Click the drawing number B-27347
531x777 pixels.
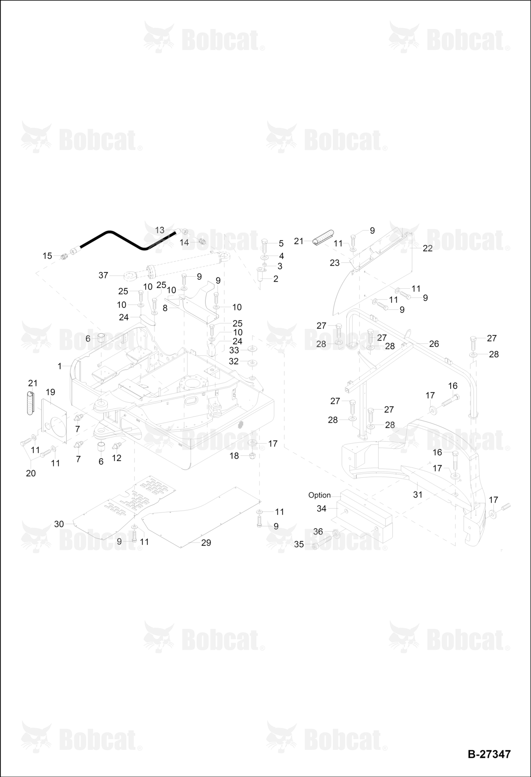coord(489,754)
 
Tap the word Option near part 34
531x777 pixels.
coord(319,495)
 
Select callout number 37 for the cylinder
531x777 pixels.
coord(103,275)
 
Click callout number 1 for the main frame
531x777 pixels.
coord(60,366)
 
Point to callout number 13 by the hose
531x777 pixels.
coord(160,230)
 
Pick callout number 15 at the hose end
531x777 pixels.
coord(47,256)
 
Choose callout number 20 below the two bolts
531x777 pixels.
coord(31,473)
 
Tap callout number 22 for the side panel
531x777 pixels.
coord(428,248)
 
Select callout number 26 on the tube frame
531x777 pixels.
coord(434,344)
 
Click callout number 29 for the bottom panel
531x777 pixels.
coord(206,543)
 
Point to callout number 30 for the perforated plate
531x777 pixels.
coord(59,524)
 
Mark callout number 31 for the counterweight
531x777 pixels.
coord(417,495)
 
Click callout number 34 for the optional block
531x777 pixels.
coord(321,509)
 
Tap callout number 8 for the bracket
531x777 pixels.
coord(165,308)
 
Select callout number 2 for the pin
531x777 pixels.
coord(276,279)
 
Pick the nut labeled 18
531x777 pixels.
coord(252,455)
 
